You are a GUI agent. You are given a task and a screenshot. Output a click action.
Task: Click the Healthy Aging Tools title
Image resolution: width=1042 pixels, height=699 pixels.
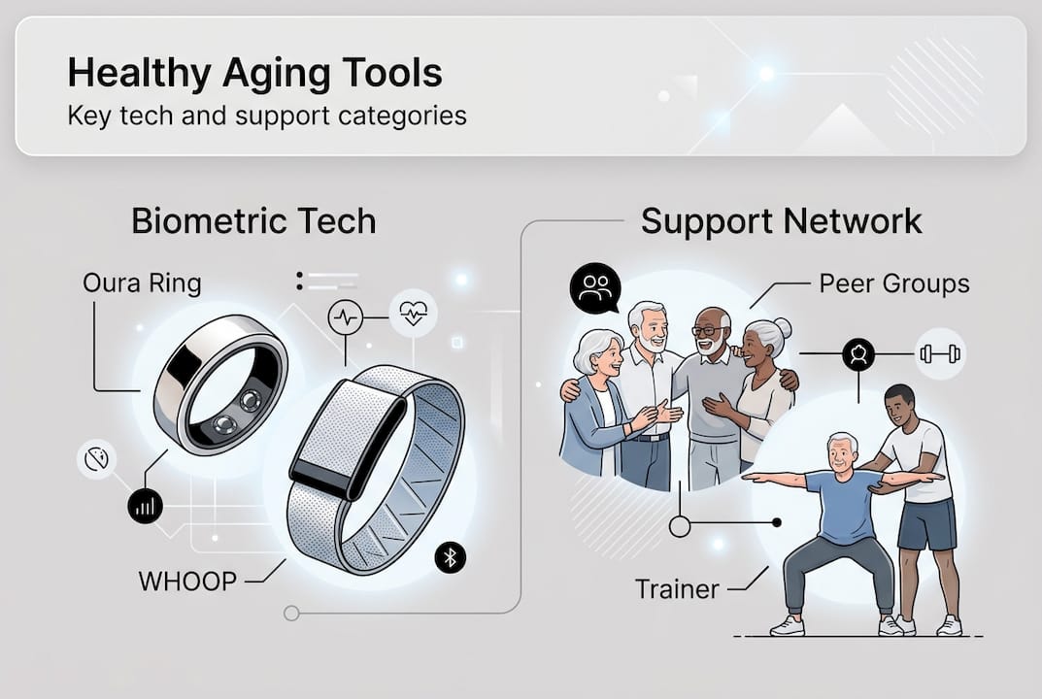[x=255, y=74]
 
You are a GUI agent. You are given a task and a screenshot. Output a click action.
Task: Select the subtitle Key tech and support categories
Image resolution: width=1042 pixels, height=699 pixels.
[x=267, y=116]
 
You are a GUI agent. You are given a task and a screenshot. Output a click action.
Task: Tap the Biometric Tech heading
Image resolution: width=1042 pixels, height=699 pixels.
[x=253, y=221]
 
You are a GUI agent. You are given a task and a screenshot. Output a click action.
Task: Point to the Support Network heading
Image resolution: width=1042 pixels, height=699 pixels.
[x=782, y=221]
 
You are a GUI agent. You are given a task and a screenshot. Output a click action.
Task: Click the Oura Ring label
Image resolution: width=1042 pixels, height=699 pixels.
[x=142, y=283]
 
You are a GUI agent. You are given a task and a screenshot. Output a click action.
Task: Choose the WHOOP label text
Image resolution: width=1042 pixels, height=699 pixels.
[x=187, y=582]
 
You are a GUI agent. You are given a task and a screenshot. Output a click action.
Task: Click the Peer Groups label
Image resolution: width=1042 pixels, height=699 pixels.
[x=893, y=283]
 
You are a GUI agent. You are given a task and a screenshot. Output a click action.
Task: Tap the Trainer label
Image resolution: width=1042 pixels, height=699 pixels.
[x=677, y=589]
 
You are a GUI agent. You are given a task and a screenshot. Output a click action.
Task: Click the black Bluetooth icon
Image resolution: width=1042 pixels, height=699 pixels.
[x=450, y=557]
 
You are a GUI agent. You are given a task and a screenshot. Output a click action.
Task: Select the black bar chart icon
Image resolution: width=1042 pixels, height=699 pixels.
[x=145, y=506]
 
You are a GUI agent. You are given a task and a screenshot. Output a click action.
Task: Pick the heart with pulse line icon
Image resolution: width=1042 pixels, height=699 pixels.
[x=414, y=313]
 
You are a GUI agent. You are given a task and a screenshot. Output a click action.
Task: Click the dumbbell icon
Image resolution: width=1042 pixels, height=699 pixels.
[x=940, y=353]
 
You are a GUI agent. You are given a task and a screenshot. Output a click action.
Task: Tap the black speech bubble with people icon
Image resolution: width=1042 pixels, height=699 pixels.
[x=594, y=288]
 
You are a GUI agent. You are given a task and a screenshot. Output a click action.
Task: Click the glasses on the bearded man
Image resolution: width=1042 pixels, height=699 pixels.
[x=710, y=329]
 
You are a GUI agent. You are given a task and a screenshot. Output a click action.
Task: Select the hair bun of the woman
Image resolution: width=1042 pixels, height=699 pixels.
[x=783, y=327]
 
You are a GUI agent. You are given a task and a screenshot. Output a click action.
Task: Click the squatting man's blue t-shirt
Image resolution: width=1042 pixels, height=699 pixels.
[x=844, y=505]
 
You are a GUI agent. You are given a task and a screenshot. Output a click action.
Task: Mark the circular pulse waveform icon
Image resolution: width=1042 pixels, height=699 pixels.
[x=346, y=317]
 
